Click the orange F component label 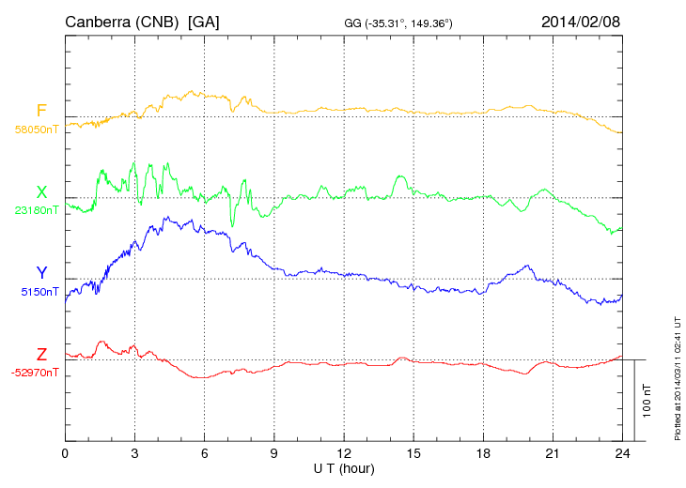[41, 112]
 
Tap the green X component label [41, 192]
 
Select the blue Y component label [41, 273]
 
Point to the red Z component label [41, 354]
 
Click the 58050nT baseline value [36, 130]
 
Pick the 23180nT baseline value [36, 211]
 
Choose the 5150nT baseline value [39, 292]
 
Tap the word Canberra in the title [98, 21]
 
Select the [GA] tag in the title [203, 21]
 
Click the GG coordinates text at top [399, 23]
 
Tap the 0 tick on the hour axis [65, 453]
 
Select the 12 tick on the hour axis [343, 453]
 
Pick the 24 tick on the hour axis [621, 453]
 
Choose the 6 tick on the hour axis [204, 453]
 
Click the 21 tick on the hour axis [552, 453]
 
